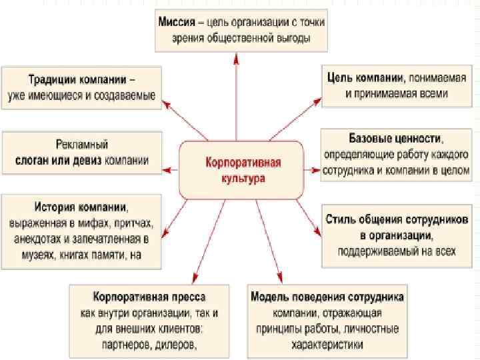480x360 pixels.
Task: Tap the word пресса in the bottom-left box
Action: [x=185, y=296]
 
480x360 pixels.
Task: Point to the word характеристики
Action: [x=327, y=345]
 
